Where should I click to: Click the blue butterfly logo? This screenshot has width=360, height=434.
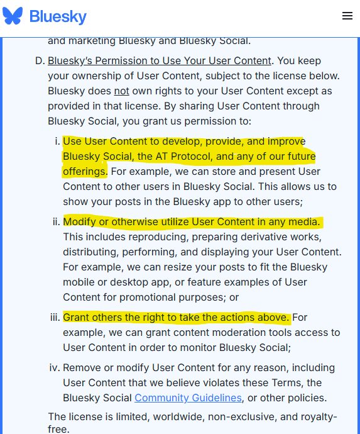coord(13,16)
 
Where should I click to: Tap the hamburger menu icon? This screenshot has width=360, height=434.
coord(347,16)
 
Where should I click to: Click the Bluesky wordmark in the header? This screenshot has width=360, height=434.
coord(58,16)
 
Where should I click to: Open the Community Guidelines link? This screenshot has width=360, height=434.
coord(188,398)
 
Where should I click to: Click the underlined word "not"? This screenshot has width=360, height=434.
coord(121,91)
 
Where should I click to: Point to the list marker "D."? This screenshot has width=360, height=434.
coord(38,61)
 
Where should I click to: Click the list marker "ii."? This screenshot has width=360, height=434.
coord(55,222)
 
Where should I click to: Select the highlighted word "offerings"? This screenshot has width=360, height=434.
coord(84,171)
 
